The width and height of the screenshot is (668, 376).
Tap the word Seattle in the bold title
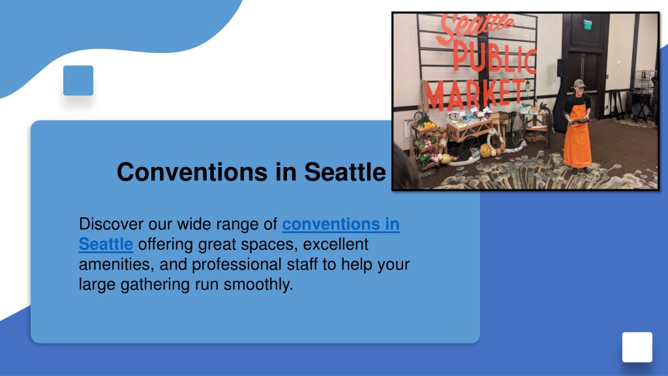[345, 172]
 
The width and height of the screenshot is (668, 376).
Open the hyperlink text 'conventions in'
[341, 225]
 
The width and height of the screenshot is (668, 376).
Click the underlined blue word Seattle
[106, 244]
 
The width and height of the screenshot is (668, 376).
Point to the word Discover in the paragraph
[111, 224]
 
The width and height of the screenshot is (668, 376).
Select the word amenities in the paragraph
[116, 264]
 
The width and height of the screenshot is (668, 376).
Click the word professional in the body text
[236, 265]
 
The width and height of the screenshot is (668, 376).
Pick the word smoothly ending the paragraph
[258, 285]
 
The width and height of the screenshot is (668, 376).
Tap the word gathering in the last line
[155, 285]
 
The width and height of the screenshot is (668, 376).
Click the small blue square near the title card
[78, 80]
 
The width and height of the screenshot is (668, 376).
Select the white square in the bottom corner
[637, 347]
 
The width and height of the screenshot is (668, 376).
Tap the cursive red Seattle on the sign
[476, 26]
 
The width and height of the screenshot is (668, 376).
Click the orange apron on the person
[577, 136]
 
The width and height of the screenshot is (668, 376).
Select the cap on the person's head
[579, 83]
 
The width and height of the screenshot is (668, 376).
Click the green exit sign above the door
[588, 25]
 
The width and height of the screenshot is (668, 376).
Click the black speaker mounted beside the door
[562, 68]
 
